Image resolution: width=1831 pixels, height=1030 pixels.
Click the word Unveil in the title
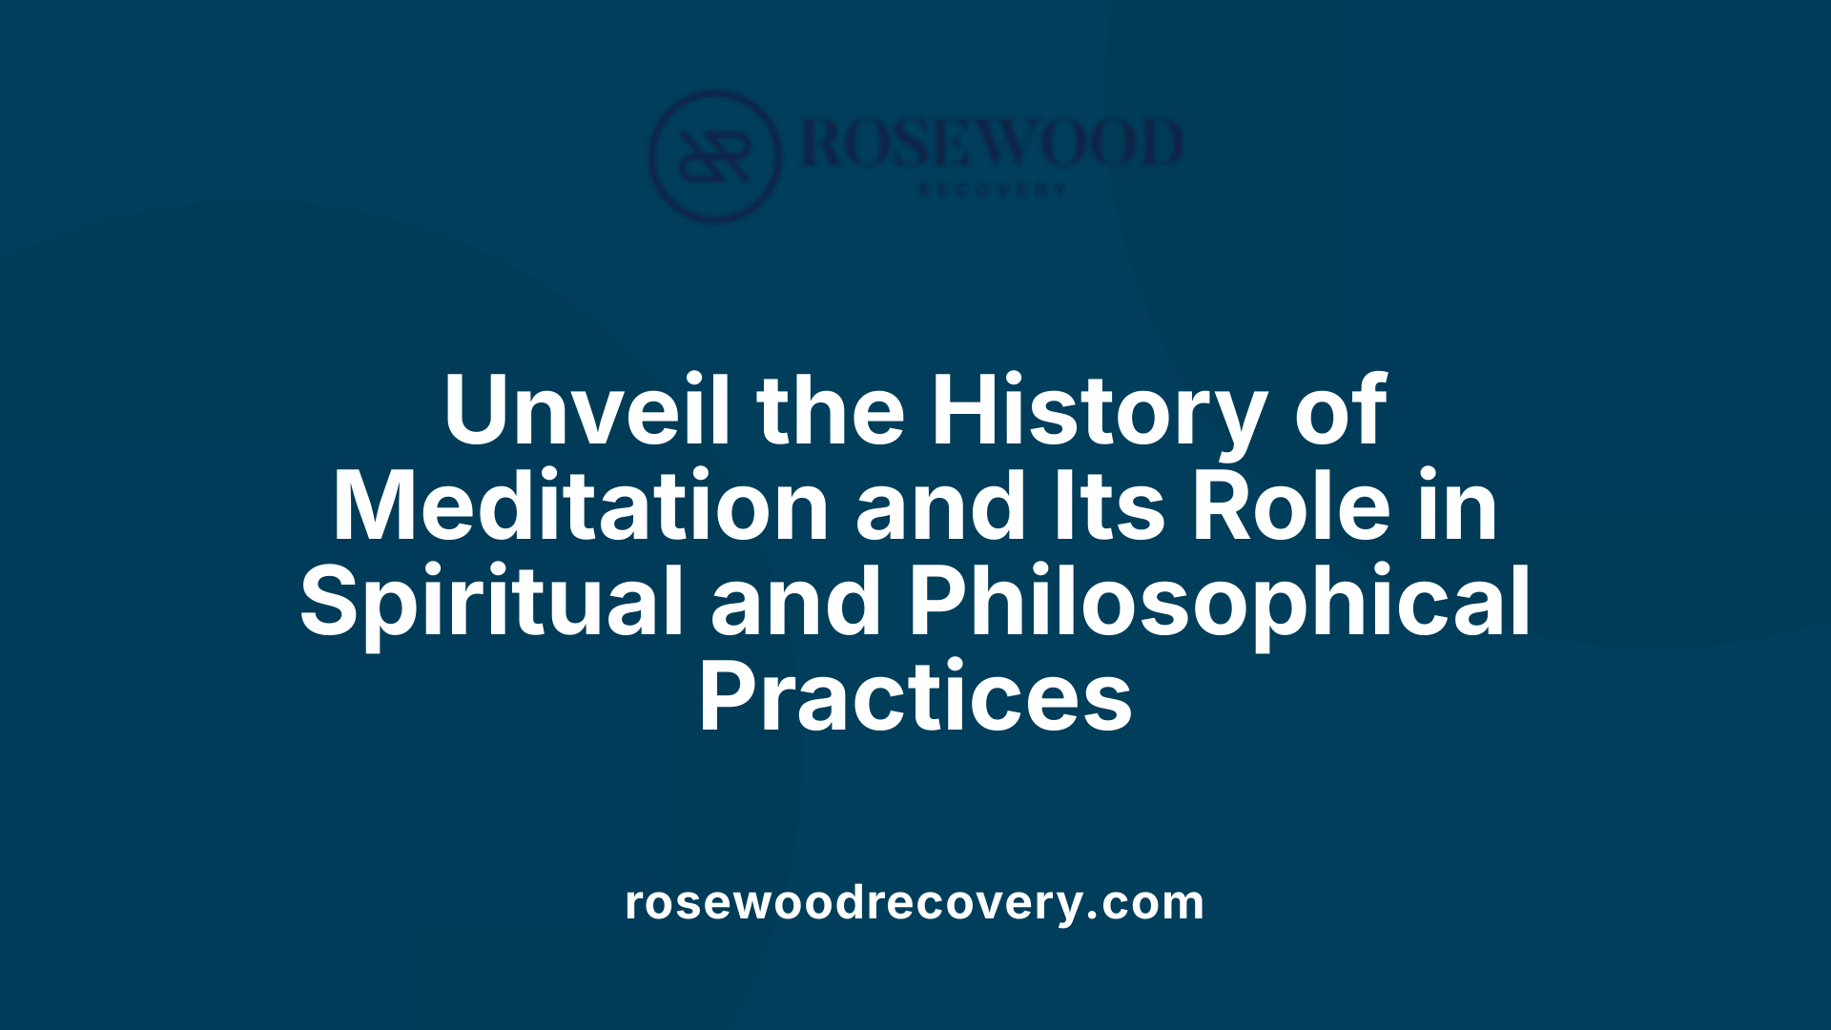(586, 410)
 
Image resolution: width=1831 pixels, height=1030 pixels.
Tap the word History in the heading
(1099, 412)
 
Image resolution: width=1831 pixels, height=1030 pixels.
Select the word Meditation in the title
(580, 506)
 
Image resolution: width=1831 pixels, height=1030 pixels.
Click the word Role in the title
(1291, 506)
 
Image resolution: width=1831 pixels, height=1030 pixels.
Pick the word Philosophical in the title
(1219, 603)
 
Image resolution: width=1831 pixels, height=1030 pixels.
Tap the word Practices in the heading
(915, 698)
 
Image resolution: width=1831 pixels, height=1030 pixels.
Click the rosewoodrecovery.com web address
(915, 902)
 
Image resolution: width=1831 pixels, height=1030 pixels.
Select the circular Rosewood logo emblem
(714, 155)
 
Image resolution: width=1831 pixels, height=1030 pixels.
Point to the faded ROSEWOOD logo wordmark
(992, 143)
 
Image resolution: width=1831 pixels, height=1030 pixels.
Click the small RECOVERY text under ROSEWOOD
(992, 190)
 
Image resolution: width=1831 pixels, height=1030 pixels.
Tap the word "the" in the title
(831, 410)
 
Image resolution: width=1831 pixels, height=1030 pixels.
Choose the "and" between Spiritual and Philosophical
(796, 603)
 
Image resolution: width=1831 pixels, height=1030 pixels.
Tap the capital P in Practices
(731, 698)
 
